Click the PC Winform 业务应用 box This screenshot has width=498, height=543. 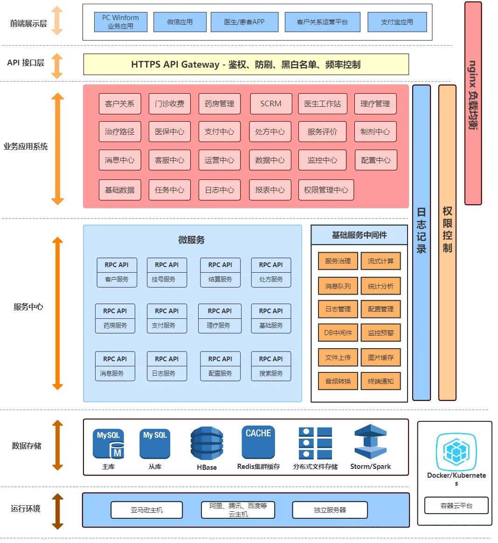pyautogui.click(x=120, y=22)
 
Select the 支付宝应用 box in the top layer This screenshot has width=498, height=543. pyautogui.click(x=397, y=22)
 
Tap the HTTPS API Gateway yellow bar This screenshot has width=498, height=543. pyautogui.click(x=246, y=64)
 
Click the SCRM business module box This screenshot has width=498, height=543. pyautogui.click(x=271, y=103)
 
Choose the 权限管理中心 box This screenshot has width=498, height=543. pyautogui.click(x=326, y=190)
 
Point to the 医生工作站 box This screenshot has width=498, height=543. pyautogui.click(x=322, y=103)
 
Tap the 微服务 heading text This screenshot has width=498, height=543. pyautogui.click(x=191, y=240)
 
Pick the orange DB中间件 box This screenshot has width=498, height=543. pyautogui.click(x=338, y=333)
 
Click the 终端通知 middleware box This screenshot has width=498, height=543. pyautogui.click(x=380, y=381)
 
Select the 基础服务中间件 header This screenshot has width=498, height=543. pyautogui.click(x=359, y=235)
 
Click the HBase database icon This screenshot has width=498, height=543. pyautogui.click(x=207, y=443)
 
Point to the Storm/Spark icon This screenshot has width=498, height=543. pyautogui.click(x=370, y=442)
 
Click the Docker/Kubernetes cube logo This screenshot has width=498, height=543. pyautogui.click(x=456, y=451)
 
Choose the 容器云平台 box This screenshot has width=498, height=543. pyautogui.click(x=456, y=505)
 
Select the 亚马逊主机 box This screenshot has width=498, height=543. pyautogui.click(x=146, y=510)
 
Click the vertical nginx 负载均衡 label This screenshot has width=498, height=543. pyautogui.click(x=473, y=96)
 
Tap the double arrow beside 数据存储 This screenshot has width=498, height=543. pyautogui.click(x=57, y=445)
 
